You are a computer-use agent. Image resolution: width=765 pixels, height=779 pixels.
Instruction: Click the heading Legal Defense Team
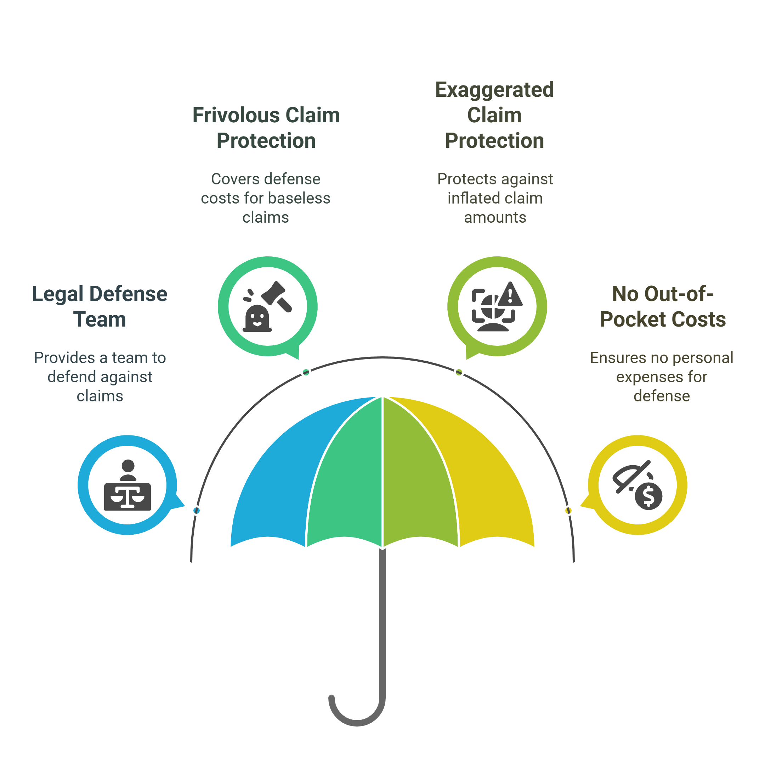coord(100,306)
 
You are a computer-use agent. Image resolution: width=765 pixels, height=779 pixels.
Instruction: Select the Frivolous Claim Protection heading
coord(266,128)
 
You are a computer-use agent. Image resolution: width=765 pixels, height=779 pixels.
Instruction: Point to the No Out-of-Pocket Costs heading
coord(663,306)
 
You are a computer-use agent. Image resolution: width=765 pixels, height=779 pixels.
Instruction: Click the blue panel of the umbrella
coord(281,474)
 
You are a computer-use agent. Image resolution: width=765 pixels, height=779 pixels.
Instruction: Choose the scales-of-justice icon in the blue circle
coord(127,496)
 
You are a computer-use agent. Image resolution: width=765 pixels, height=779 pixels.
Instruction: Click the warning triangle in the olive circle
coord(510,295)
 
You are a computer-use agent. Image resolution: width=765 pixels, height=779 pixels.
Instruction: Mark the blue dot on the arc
coord(197,510)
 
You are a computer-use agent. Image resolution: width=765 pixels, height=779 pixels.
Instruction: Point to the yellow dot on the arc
coord(568,510)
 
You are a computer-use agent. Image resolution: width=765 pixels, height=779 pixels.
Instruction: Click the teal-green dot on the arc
coord(306,372)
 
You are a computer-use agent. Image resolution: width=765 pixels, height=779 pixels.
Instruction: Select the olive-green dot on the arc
coord(459,372)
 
